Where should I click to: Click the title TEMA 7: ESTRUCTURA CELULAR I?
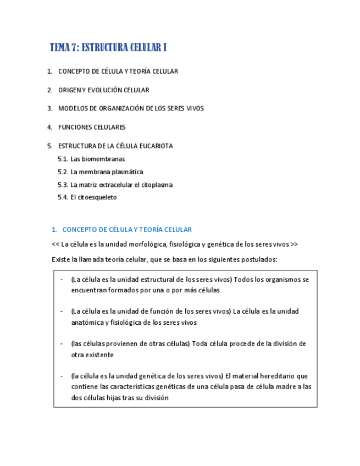pyautogui.click(x=108, y=48)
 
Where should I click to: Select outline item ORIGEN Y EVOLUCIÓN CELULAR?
pyautogui.click(x=104, y=90)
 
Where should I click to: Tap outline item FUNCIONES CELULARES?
pyautogui.click(x=92, y=127)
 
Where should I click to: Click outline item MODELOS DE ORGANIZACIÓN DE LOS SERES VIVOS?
pyautogui.click(x=131, y=109)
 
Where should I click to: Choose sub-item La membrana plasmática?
pyautogui.click(x=107, y=172)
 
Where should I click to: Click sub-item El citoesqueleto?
pyautogui.click(x=93, y=198)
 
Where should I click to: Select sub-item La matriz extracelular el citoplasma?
pyautogui.click(x=121, y=185)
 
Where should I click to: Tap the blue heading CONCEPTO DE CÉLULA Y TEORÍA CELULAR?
pyautogui.click(x=127, y=230)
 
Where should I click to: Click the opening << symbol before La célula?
pyautogui.click(x=56, y=245)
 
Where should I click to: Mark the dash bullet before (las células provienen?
pyautogui.click(x=62, y=344)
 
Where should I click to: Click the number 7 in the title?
pyautogui.click(x=74, y=48)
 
